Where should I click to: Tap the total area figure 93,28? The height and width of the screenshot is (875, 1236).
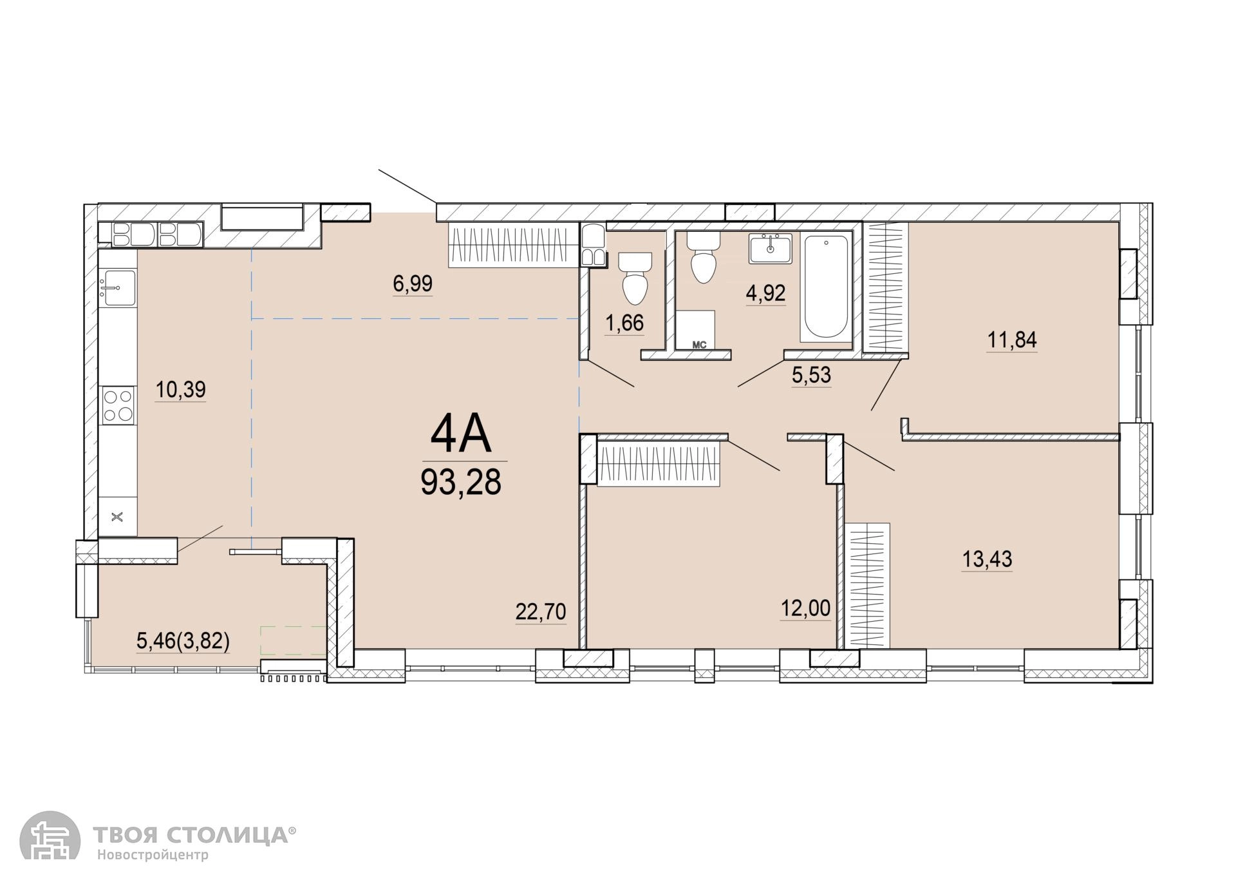(461, 481)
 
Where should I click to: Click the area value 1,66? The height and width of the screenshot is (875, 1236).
(624, 322)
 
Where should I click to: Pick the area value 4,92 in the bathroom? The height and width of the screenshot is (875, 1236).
(766, 293)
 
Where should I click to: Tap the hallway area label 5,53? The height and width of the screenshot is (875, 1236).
(811, 374)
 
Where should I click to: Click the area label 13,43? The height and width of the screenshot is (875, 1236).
(987, 559)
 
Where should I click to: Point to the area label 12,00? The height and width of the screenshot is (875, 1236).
(805, 608)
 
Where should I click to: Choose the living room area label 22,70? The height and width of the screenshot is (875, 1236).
(541, 611)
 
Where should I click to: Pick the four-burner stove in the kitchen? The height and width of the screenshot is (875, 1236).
(118, 405)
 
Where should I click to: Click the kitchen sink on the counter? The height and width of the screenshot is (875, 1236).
(118, 287)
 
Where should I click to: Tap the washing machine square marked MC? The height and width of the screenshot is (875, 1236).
(696, 330)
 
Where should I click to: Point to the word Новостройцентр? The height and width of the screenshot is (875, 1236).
(153, 856)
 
